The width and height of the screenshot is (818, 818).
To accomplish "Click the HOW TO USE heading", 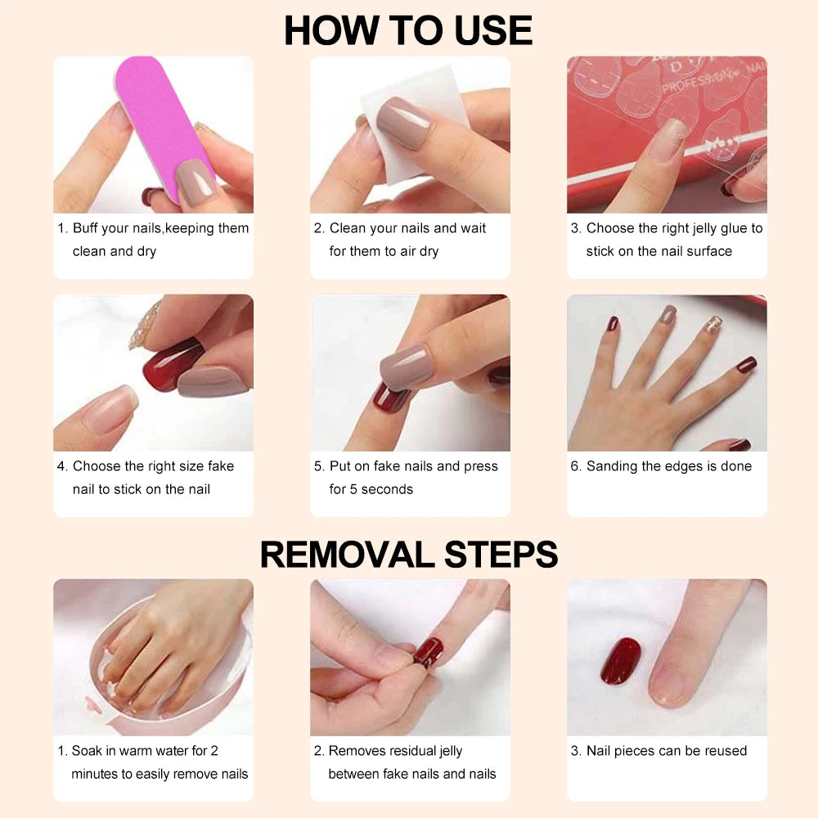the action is [408, 30].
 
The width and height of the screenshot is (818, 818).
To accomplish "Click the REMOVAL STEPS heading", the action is [409, 554].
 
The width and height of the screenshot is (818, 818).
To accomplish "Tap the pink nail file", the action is [162, 120].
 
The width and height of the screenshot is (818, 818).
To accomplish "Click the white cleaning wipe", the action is [412, 125].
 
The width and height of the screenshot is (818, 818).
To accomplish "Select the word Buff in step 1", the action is [86, 228].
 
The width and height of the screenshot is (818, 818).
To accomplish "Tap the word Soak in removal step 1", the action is [87, 751].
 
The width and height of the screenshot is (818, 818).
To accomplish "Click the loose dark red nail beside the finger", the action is [620, 660].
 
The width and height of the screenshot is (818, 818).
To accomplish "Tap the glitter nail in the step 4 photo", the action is [145, 326].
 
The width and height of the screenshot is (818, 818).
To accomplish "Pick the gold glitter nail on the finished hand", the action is [713, 325].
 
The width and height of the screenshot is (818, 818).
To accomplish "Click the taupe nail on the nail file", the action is [196, 181].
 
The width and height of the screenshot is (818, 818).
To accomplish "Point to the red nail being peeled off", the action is [429, 652].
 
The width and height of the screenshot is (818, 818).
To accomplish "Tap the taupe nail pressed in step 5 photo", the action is [406, 367].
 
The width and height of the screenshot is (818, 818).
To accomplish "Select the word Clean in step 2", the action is [347, 228].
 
